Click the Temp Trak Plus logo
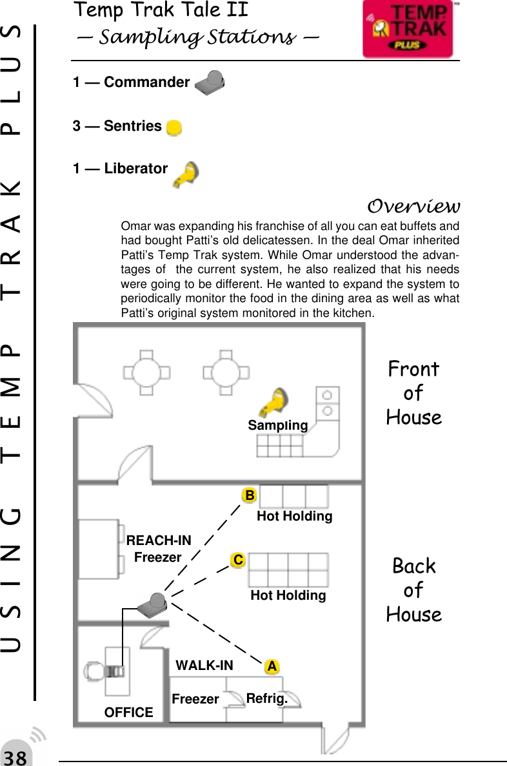(408, 30)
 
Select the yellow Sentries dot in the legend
(174, 127)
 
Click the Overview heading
(413, 207)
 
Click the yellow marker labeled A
(273, 666)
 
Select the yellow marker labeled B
(249, 495)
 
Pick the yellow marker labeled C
(238, 560)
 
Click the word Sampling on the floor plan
(278, 426)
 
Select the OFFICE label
(129, 712)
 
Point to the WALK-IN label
(204, 665)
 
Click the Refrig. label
(266, 698)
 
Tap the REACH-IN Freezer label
(159, 548)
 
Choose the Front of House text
(413, 393)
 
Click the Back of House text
(413, 590)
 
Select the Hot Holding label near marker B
(295, 516)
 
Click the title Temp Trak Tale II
(161, 10)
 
